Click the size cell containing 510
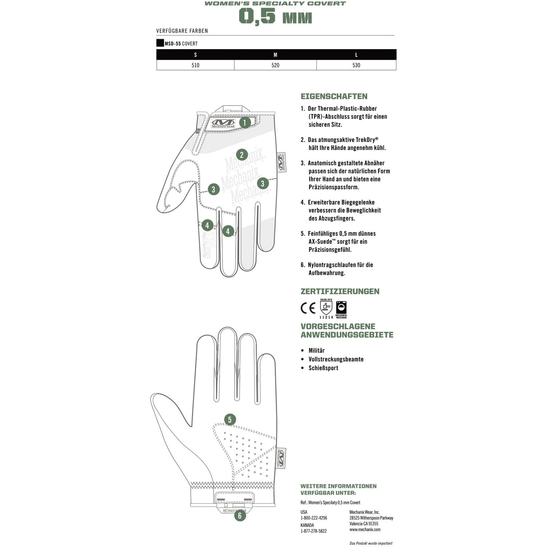coord(195,65)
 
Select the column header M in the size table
coord(275,55)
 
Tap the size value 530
coord(356,65)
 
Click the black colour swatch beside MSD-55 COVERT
coord(160,43)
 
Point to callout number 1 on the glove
coord(245,122)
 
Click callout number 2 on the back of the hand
coord(242,155)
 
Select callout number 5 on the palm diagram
coord(230,420)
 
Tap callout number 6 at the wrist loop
coord(240,516)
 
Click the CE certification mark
coord(308,308)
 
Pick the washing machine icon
coord(342,308)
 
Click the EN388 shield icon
coord(326,308)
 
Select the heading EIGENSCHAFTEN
coord(334,96)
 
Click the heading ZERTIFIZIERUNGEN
coord(340,292)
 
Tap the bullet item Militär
coord(316,351)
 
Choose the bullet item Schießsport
coord(323,368)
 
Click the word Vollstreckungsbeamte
coord(336,359)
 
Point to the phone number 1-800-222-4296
coord(314,518)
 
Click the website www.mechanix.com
coord(365,529)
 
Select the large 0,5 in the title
coord(257,17)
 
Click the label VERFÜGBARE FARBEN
coord(182,31)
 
